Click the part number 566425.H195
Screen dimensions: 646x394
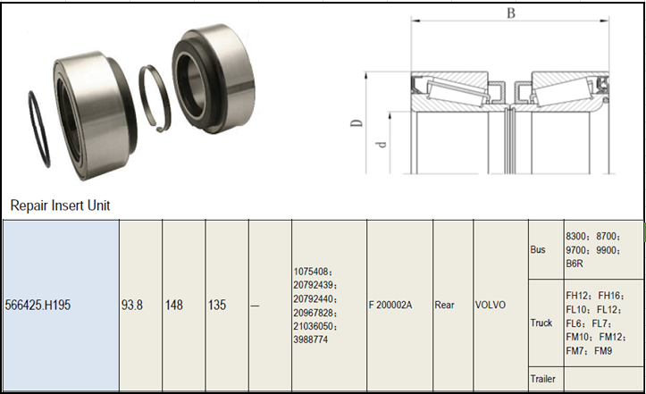pos(38,305)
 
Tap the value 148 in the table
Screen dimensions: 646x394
pos(174,305)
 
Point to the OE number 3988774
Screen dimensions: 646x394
pos(311,340)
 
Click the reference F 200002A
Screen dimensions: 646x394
pos(390,305)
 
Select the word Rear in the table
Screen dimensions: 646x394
pos(444,305)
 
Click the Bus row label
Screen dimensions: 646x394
pos(538,250)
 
